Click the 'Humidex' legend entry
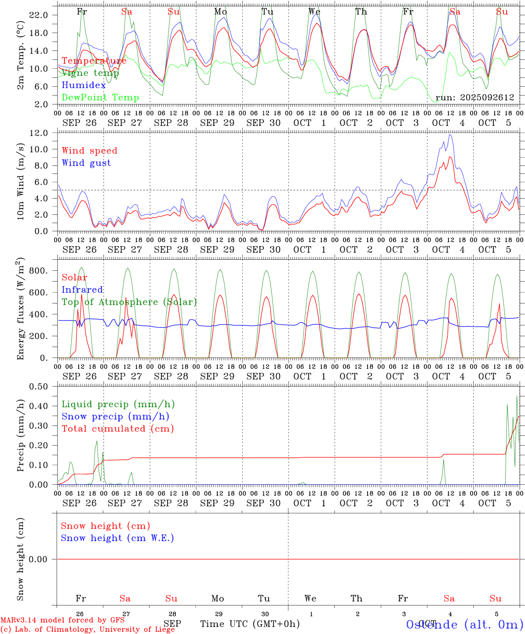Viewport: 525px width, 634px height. [84, 85]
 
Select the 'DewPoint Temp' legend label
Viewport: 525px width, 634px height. [100, 98]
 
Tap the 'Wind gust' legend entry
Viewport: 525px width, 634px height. [86, 163]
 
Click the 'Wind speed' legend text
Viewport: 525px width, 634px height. [89, 151]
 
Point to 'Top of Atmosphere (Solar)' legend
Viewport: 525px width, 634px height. [129, 302]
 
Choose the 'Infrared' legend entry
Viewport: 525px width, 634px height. [82, 290]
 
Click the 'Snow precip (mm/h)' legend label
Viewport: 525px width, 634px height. [115, 417]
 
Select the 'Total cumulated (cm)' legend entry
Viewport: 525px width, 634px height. [117, 429]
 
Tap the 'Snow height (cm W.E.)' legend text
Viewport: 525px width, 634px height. [117, 538]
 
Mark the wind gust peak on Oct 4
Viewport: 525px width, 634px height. [450, 135]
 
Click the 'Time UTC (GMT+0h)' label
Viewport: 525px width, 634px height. [250, 624]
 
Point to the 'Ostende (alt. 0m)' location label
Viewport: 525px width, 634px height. [464, 625]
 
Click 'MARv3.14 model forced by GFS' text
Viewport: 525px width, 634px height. [62, 620]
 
